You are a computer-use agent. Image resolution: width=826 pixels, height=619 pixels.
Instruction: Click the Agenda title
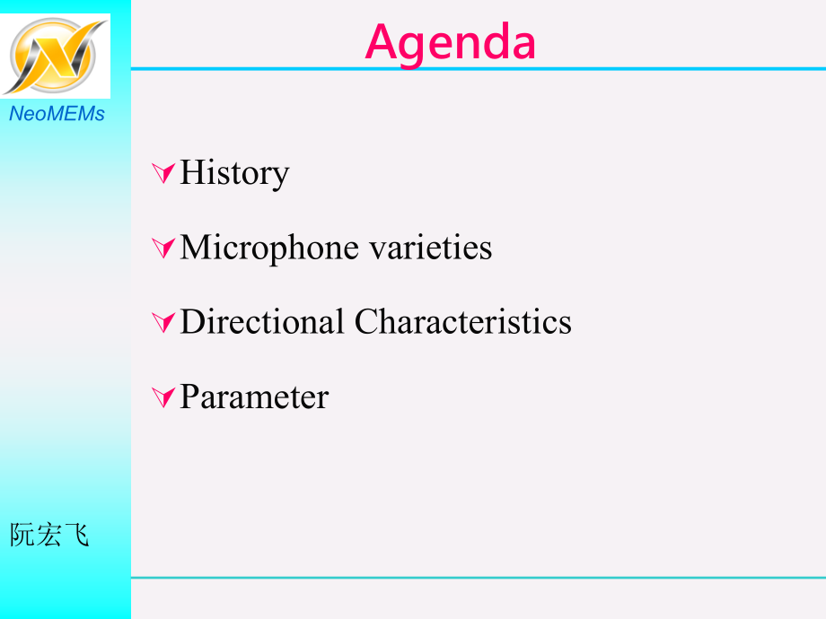451,44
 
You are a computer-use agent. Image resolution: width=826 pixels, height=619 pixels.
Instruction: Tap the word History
234,173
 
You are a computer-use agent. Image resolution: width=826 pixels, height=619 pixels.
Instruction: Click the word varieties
430,248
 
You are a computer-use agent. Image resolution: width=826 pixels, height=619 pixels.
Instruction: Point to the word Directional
262,321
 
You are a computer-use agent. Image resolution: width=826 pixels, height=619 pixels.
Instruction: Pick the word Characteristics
463,321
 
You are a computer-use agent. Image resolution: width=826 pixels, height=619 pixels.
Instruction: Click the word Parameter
254,397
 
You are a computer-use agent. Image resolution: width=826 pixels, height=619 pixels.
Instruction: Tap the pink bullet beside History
163,173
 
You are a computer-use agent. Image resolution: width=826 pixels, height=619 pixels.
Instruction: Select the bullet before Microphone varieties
163,248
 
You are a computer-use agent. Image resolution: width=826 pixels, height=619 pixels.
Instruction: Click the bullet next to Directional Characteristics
163,323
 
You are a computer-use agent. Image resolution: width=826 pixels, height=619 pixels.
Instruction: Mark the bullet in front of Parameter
163,397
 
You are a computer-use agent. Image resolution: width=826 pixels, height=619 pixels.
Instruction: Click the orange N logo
55,56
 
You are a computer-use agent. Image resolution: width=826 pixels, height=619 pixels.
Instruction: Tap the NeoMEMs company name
57,114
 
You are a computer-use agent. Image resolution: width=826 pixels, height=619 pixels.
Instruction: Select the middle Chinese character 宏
49,535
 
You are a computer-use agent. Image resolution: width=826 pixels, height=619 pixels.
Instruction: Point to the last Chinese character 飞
75,535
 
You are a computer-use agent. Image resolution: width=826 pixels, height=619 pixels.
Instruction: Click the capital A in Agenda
382,41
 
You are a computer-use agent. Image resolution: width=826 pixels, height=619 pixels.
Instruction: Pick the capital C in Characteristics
366,321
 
